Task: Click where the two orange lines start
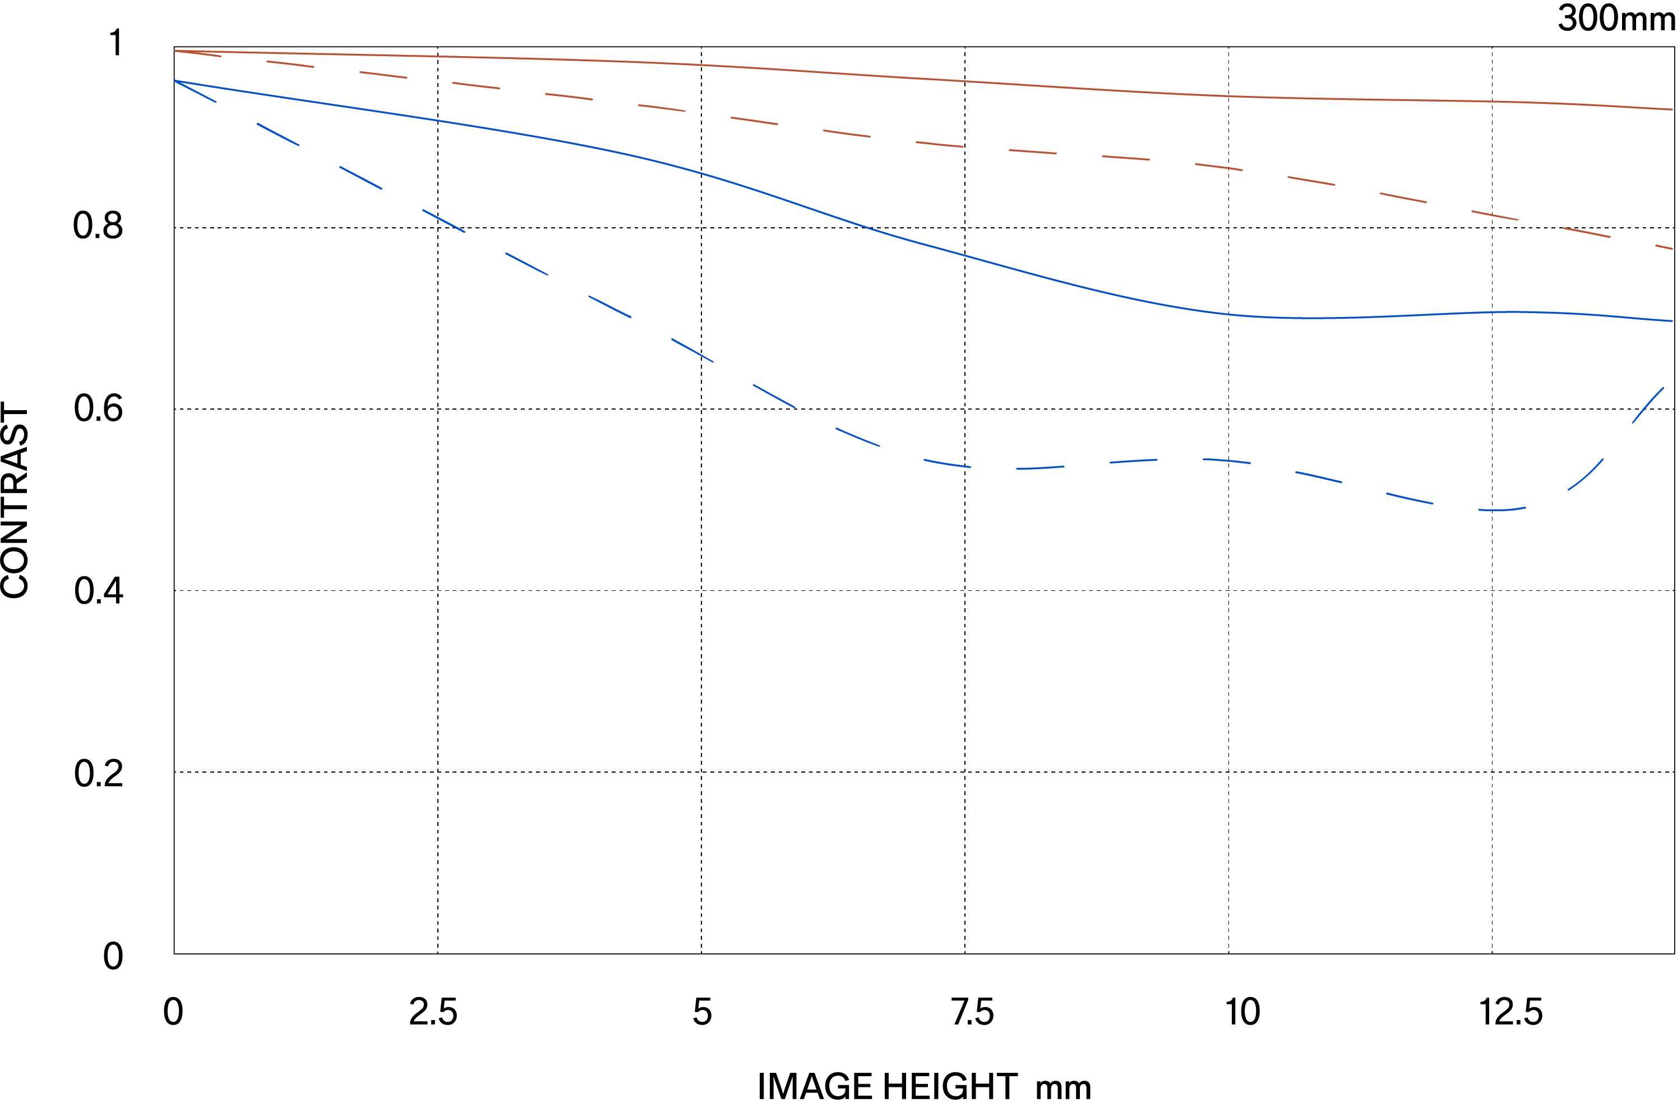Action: point(175,50)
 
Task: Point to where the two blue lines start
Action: point(175,81)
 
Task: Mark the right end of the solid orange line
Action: point(1672,109)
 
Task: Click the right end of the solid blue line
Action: point(1672,321)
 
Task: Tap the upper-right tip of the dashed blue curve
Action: point(1663,388)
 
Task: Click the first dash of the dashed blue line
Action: point(195,91)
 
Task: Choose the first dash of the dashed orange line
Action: point(198,53)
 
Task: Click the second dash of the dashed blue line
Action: point(278,134)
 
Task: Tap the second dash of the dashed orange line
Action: point(290,64)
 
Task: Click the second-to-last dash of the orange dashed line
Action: point(1587,233)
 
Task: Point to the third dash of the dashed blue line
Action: point(361,178)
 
